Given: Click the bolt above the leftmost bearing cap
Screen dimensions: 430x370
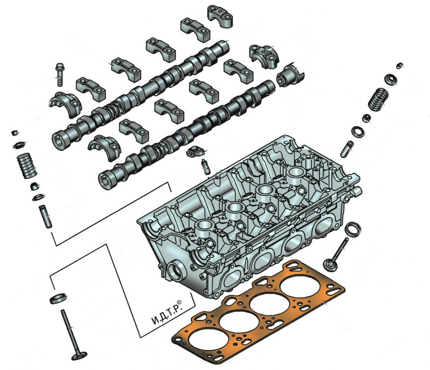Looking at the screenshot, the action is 60,74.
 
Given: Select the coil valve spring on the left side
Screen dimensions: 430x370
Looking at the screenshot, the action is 26,166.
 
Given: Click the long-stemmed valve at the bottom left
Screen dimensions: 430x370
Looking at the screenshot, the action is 73,336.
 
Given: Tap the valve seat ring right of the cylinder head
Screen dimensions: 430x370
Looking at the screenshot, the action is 353,229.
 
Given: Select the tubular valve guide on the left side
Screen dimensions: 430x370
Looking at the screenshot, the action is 45,217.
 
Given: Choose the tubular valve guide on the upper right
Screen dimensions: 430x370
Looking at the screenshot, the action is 347,149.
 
